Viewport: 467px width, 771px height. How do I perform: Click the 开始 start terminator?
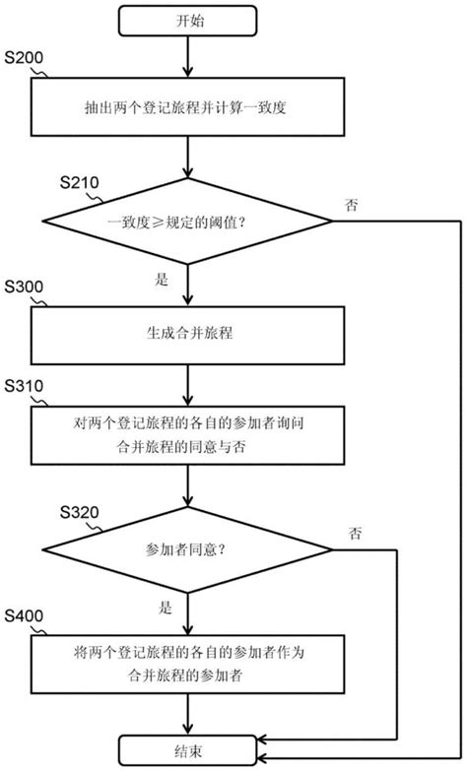click(x=186, y=21)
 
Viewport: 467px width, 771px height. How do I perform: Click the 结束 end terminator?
click(x=186, y=749)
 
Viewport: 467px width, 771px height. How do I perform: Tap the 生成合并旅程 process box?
click(x=186, y=335)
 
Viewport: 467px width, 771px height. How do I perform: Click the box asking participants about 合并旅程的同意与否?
click(x=186, y=436)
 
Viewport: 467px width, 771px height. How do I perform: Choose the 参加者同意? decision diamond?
click(x=186, y=549)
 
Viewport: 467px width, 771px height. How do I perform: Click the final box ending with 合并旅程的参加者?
click(x=186, y=665)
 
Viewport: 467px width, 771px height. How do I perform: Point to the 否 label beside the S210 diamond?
click(x=352, y=205)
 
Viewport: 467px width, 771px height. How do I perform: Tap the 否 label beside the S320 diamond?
click(x=355, y=533)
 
